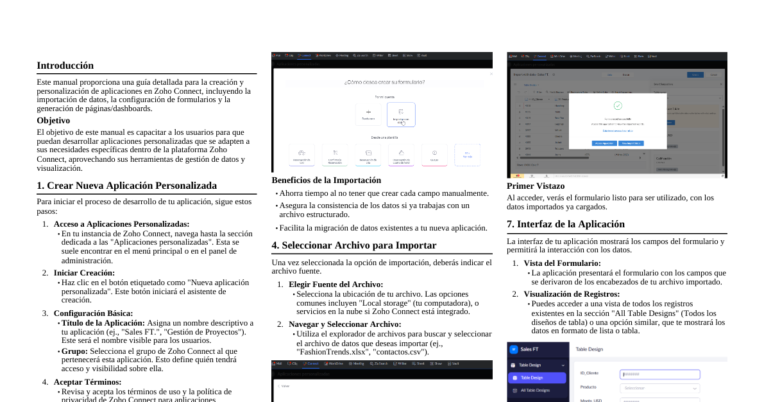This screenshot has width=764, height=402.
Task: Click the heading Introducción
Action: pos(65,66)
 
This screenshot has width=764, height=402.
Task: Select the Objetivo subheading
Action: pos(53,121)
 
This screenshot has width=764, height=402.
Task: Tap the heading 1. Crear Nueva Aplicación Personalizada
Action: pos(126,186)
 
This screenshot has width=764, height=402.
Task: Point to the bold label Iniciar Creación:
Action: pos(84,273)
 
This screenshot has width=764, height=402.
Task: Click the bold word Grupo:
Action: pos(74,351)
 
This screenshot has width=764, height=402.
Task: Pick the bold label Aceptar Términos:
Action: pos(87,382)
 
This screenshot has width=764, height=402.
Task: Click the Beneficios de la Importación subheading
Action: pos(326,180)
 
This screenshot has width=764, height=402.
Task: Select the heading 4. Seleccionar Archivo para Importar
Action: pos(353,245)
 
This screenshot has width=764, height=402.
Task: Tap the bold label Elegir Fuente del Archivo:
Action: pos(335,284)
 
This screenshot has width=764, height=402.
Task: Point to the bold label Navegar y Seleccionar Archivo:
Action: pos(344,324)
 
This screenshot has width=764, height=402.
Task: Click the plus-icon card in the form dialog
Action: pos(368,114)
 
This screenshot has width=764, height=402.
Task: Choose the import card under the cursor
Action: pos(401,114)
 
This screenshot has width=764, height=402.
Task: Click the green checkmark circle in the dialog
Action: pos(618,105)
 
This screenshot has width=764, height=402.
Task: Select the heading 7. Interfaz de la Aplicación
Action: pos(565,224)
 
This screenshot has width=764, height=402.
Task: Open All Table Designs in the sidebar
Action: pos(535,390)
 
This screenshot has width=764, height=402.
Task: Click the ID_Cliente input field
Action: pos(659,374)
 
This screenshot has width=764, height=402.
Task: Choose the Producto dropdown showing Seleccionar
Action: pos(659,388)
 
